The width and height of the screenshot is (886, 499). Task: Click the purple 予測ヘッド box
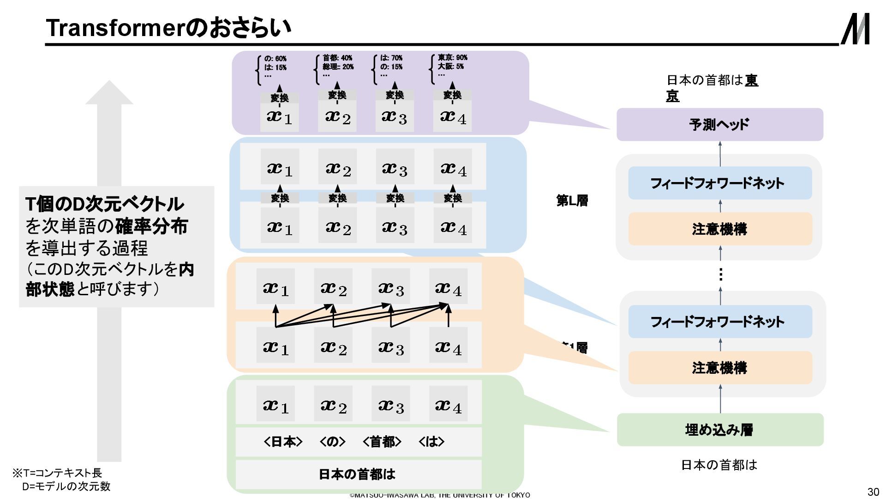coord(719,124)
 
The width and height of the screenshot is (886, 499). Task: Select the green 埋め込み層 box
coord(719,430)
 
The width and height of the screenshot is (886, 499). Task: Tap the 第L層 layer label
coord(572,201)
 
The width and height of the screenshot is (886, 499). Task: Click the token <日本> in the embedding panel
coord(283,442)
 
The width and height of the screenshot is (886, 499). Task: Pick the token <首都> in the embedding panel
coord(382,442)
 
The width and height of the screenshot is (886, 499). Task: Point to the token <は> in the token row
coord(431,442)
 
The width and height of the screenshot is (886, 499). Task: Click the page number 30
coord(873,491)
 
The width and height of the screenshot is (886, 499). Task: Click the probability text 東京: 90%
coord(452,58)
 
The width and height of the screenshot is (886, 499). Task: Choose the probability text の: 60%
coord(275,59)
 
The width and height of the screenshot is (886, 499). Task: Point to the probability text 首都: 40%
coord(337,58)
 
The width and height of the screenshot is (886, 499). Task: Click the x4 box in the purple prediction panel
coord(452,117)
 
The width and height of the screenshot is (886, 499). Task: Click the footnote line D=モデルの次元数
coord(66,486)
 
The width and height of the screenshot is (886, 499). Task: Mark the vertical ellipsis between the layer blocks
coord(720,274)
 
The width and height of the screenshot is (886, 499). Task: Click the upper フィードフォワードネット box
coord(719,183)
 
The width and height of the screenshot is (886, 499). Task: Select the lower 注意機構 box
coord(719,368)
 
